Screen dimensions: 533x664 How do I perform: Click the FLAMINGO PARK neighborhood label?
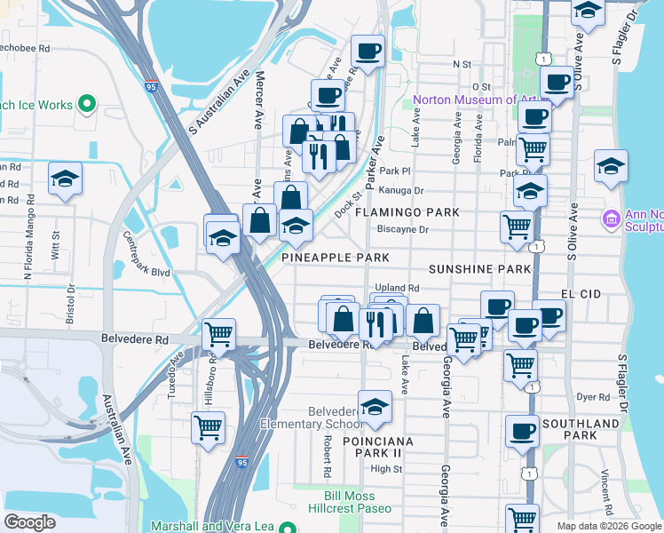pyautogui.click(x=407, y=212)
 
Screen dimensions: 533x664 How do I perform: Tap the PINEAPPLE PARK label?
pyautogui.click(x=336, y=258)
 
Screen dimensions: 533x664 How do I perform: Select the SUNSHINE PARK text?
pyautogui.click(x=479, y=268)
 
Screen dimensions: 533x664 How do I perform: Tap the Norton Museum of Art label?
pyautogui.click(x=476, y=99)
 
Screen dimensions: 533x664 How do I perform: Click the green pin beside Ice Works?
pyautogui.click(x=86, y=105)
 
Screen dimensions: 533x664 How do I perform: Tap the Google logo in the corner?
pyautogui.click(x=29, y=521)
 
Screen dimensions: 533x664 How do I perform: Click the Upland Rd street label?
pyautogui.click(x=397, y=288)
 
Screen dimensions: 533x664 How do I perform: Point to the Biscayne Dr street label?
pyautogui.click(x=402, y=229)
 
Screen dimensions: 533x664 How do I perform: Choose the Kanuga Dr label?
pyautogui.click(x=401, y=190)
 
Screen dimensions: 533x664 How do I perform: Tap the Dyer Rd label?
pyautogui.click(x=589, y=397)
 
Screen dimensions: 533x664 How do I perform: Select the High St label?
pyautogui.click(x=386, y=469)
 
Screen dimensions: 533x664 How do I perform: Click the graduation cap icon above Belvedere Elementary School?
pyautogui.click(x=375, y=406)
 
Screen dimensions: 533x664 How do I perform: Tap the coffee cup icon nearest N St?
pyautogui.click(x=367, y=50)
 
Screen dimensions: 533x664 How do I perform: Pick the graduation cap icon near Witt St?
pyautogui.click(x=65, y=178)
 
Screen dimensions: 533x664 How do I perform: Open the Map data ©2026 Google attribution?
pyautogui.click(x=609, y=525)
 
